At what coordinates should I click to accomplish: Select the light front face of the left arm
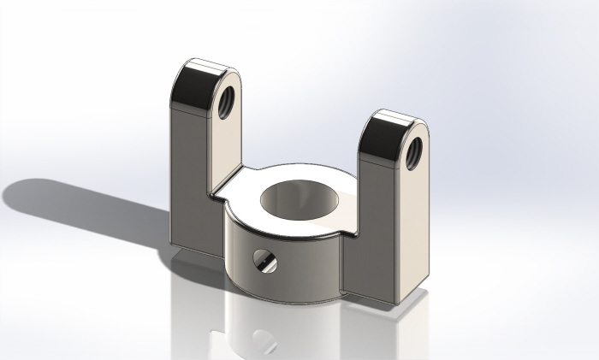click(224, 145)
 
